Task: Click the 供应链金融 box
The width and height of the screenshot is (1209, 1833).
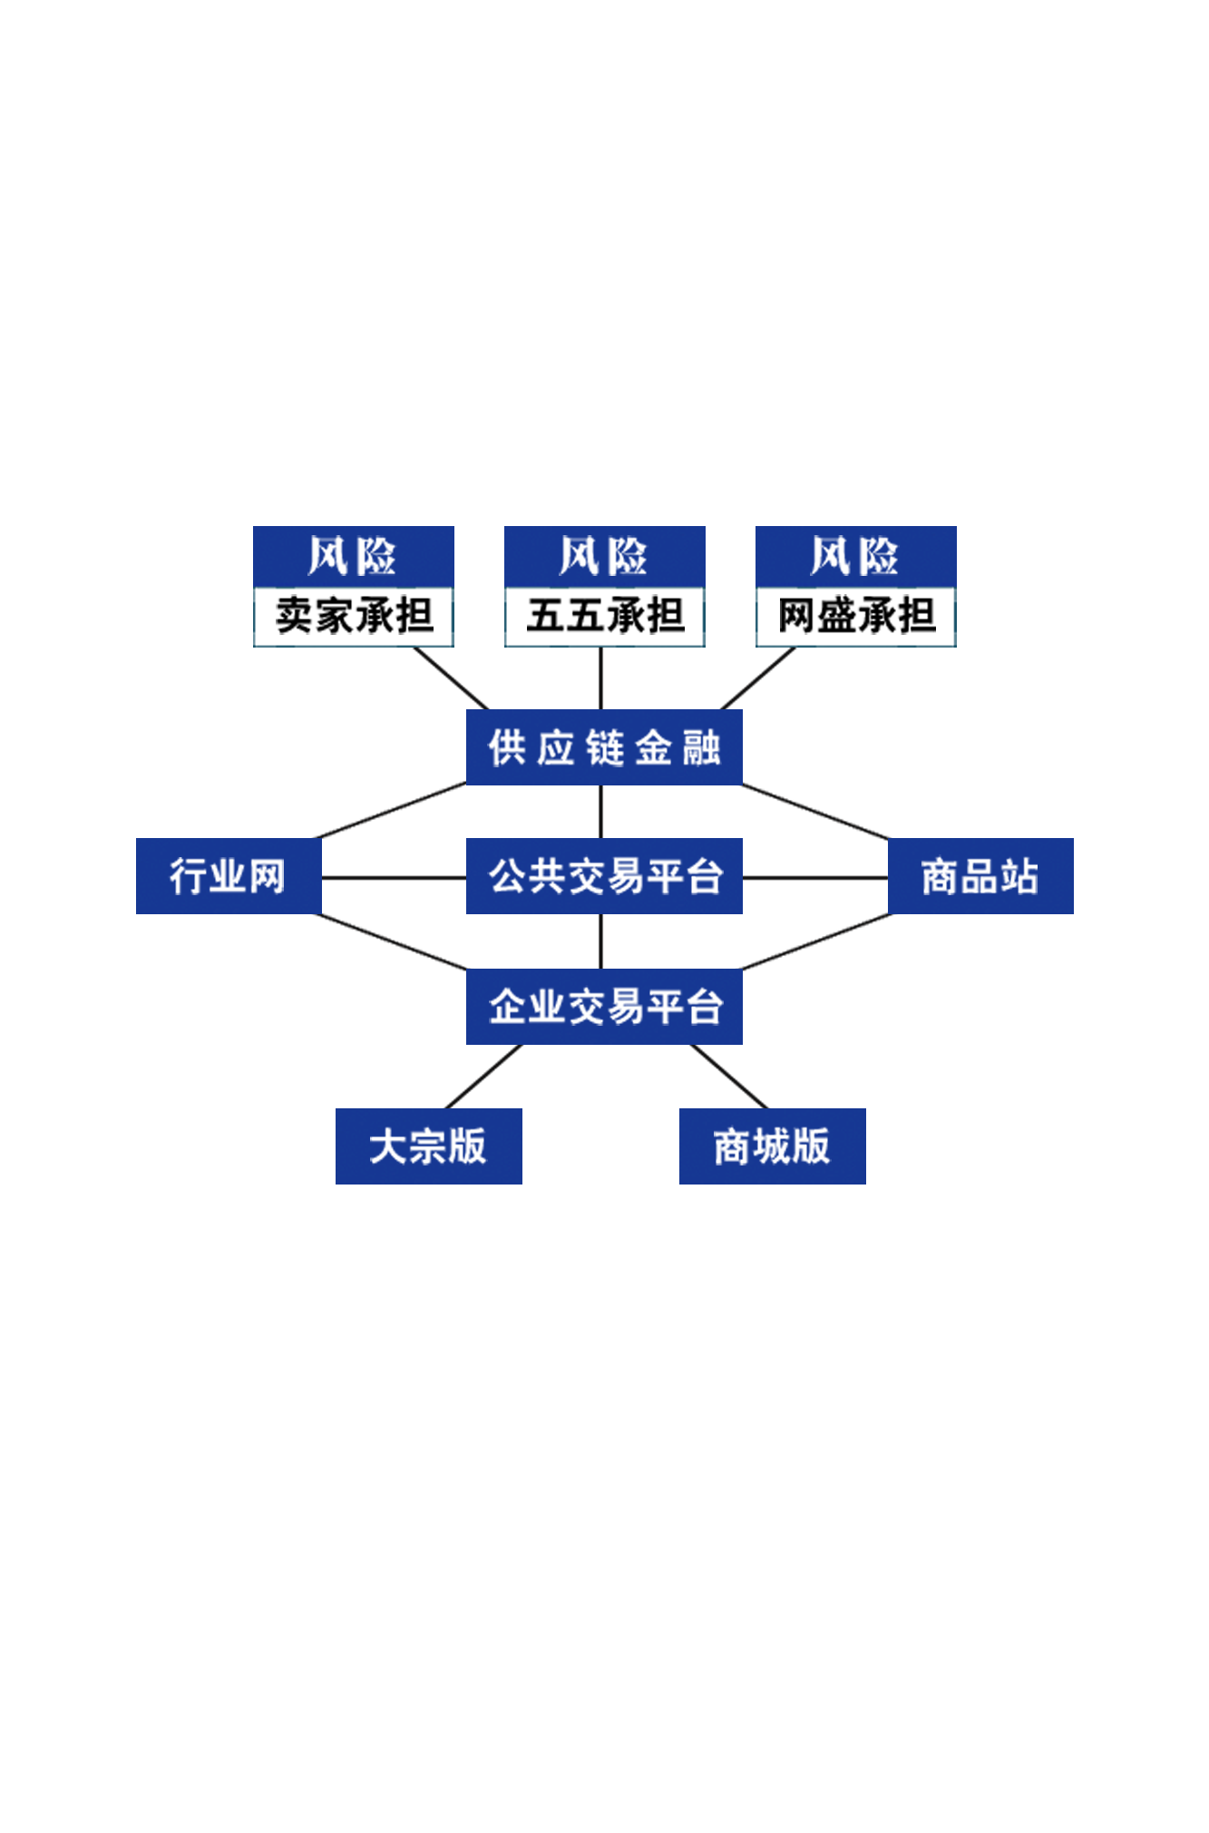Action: [604, 746]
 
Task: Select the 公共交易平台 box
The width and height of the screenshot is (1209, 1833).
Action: [604, 876]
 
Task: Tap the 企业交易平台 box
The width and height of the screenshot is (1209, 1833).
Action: [604, 1007]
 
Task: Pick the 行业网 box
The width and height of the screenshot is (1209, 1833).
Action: [229, 876]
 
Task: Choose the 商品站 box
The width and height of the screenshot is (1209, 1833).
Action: [980, 876]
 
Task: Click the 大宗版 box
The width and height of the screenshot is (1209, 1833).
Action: [429, 1146]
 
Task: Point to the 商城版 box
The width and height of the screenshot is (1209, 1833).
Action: [773, 1146]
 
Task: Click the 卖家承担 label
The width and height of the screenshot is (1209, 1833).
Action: [354, 617]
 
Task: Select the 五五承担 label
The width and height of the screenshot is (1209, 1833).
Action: [605, 617]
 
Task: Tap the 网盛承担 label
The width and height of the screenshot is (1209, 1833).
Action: [856, 617]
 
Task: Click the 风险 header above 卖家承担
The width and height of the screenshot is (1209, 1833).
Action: [354, 556]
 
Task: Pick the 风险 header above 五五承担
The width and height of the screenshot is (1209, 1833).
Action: [605, 556]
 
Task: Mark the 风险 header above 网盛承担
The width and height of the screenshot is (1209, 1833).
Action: [856, 556]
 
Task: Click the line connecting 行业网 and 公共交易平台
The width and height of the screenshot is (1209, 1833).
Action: [394, 878]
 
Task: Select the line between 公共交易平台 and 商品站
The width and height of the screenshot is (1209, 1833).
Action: [815, 878]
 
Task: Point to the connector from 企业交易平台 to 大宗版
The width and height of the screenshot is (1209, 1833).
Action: [483, 1077]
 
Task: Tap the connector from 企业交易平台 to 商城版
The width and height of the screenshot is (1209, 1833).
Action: [729, 1077]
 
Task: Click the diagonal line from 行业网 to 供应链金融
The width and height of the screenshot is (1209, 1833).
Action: [391, 811]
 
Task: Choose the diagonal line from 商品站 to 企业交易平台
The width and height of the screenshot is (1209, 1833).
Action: [816, 941]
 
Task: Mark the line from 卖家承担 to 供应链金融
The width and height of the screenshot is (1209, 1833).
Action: [451, 678]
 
